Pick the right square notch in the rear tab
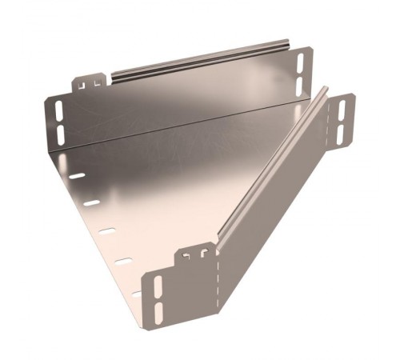99,80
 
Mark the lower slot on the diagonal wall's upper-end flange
342,131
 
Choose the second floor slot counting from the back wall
92,203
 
